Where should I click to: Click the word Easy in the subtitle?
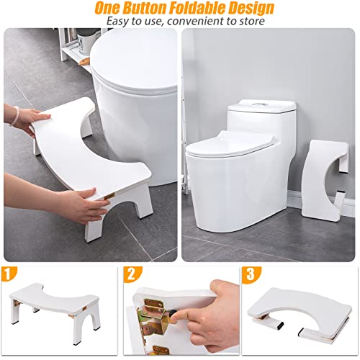point(120,22)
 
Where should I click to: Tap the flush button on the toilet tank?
point(261,106)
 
